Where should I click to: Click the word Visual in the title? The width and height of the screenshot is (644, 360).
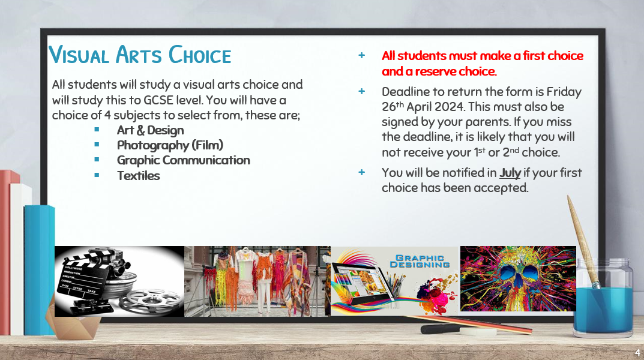tap(79, 55)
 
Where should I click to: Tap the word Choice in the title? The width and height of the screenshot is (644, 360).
tap(200, 55)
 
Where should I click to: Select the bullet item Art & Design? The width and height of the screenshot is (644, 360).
tap(150, 130)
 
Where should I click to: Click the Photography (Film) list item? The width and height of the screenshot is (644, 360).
tap(170, 145)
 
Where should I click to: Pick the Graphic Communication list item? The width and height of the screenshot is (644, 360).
tap(183, 160)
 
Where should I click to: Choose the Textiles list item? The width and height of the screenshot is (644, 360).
tap(139, 176)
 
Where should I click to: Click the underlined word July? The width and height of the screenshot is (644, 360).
tap(510, 173)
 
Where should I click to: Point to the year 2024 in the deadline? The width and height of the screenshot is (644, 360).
tap(450, 107)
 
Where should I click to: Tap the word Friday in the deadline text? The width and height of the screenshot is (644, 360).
tap(564, 92)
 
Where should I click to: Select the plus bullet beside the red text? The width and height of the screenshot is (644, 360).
tap(361, 55)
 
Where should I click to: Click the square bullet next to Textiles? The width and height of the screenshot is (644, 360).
tap(97, 175)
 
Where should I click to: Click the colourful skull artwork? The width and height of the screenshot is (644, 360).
tap(518, 279)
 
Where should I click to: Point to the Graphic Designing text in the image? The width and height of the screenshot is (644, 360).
tap(420, 262)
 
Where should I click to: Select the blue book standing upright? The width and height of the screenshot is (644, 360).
tap(39, 269)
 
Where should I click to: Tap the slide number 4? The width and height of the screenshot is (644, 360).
tap(637, 353)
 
